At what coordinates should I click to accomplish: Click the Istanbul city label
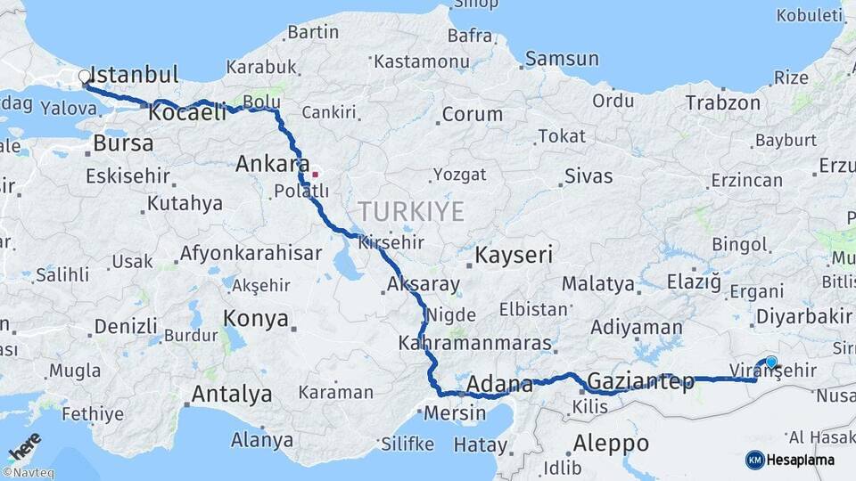coord(135,74)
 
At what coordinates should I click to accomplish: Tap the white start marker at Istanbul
coord(85,77)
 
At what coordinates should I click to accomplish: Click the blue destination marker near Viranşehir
coord(771,363)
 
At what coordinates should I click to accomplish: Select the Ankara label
coord(267,164)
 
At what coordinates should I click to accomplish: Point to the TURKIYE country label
coord(411,212)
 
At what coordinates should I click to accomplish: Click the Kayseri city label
coord(514,256)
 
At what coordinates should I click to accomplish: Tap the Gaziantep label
coord(640,382)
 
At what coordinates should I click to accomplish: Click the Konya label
coord(256,319)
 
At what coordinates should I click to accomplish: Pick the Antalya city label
coord(232,394)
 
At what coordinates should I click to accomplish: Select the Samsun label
coord(562,59)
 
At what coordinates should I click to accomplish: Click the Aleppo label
coord(611,443)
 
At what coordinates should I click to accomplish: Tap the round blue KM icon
coord(754,460)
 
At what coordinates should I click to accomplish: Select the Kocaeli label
coord(187,113)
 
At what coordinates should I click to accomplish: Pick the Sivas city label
coord(588,175)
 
